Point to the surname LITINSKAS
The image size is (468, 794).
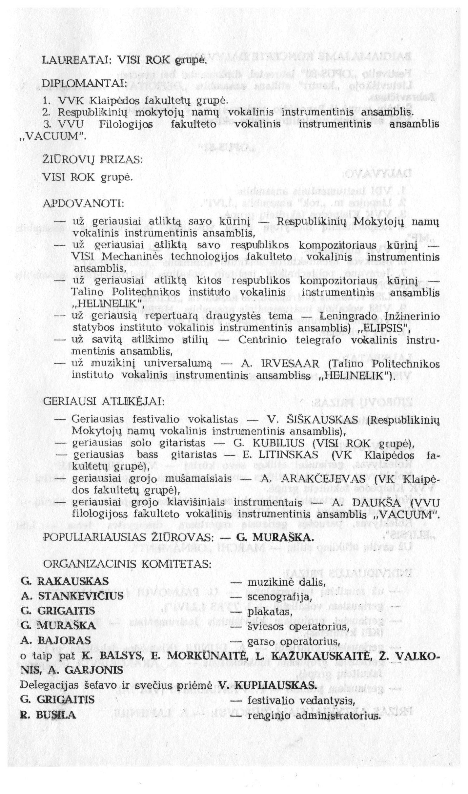click(x=288, y=455)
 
